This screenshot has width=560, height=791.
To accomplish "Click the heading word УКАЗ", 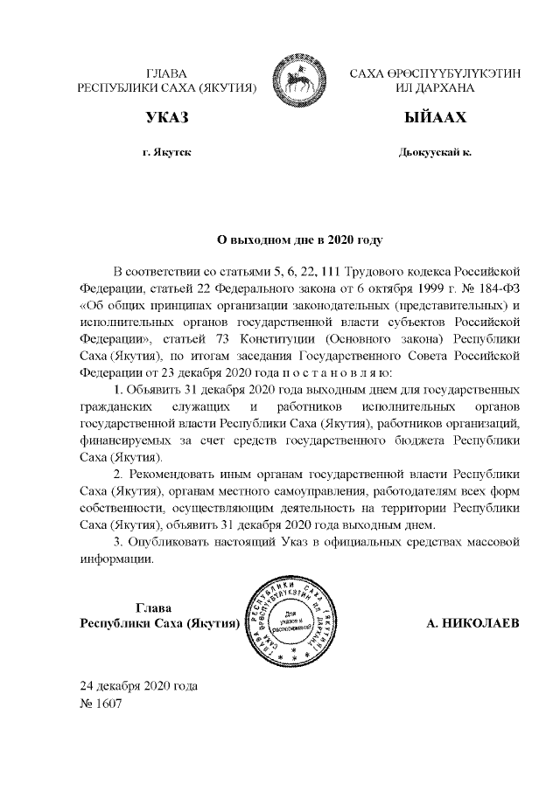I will (x=166, y=118).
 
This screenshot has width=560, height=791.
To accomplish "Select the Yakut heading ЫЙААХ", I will (x=435, y=118).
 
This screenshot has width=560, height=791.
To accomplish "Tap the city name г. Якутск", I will (x=166, y=152).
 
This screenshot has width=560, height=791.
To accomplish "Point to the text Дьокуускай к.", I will (x=435, y=152).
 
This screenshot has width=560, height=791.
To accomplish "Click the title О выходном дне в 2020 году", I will (x=300, y=237).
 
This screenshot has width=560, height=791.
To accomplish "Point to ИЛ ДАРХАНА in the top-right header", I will (x=435, y=88).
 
